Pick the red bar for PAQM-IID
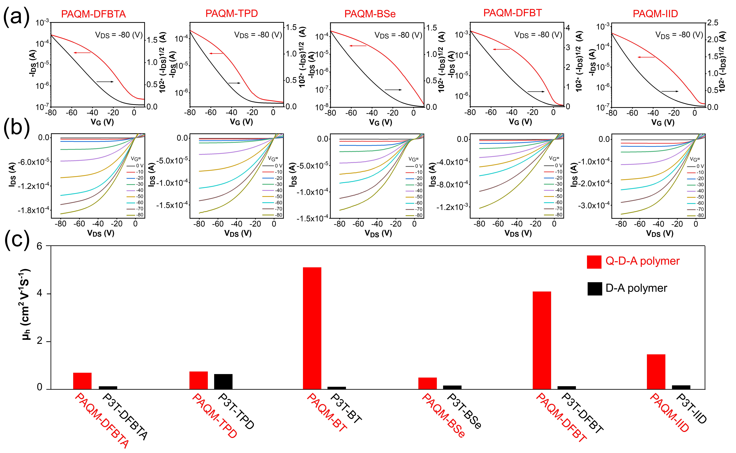coord(656,371)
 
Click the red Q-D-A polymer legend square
coord(594,262)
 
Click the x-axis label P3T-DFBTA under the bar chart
coord(125,416)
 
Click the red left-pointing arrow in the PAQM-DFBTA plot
coord(82,53)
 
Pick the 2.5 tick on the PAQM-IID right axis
coord(713,23)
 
